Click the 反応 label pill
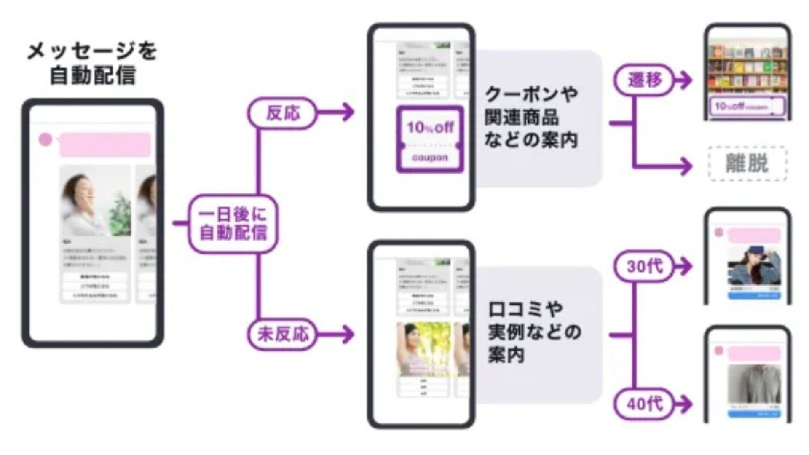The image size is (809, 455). click(283, 112)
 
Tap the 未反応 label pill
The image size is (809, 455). click(283, 335)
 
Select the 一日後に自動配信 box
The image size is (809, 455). click(233, 224)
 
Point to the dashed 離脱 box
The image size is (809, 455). click(747, 163)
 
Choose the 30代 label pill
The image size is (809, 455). click(644, 266)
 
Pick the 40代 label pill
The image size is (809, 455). click(644, 404)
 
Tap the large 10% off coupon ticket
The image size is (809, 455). click(430, 139)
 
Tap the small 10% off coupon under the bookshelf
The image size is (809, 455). click(747, 106)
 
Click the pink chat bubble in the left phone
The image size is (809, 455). click(105, 144)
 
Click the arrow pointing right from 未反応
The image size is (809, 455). click(337, 335)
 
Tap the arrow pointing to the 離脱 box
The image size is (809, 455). click(666, 166)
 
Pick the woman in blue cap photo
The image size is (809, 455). click(754, 266)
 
